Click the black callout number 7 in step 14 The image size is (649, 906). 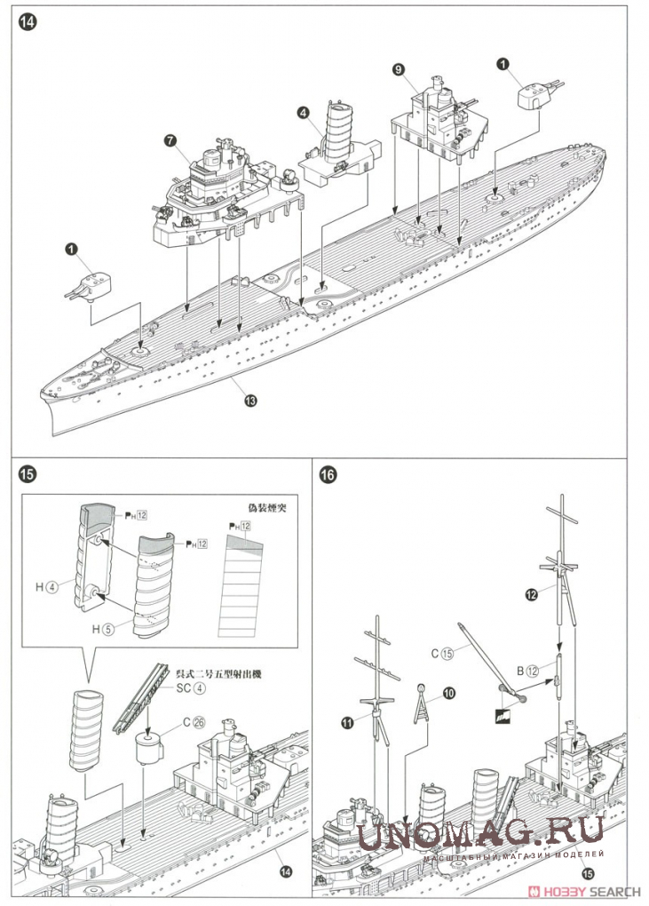coord(170,139)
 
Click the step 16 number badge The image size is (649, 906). coord(327,473)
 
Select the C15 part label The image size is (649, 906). coord(441,653)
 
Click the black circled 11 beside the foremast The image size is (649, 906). coord(347,722)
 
